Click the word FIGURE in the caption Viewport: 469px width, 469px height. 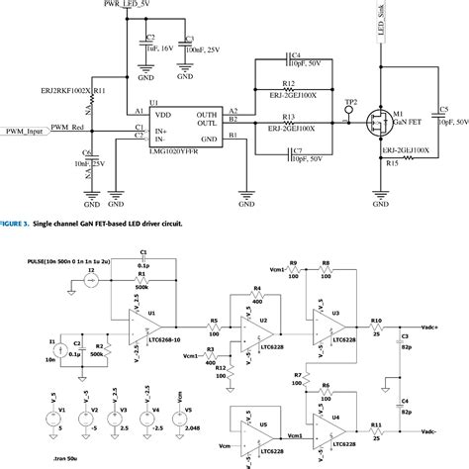(x=15, y=225)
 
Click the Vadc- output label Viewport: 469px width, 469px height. (x=433, y=432)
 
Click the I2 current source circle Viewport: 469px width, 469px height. (x=92, y=282)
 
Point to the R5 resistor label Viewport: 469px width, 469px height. (x=213, y=322)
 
